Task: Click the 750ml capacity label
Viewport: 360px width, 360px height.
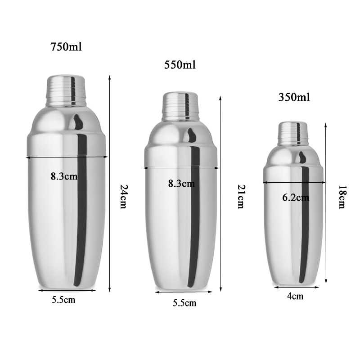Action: (66, 47)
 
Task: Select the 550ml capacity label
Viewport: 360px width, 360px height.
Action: (180, 65)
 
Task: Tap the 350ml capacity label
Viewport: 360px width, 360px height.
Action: (294, 97)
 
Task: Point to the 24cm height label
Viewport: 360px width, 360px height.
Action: (124, 197)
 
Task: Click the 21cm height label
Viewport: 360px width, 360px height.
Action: (241, 197)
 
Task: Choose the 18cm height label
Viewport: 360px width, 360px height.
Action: (342, 197)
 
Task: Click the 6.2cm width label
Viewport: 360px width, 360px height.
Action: (296, 198)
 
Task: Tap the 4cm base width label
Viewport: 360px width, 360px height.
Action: (295, 296)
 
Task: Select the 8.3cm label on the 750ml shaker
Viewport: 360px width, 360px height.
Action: (64, 176)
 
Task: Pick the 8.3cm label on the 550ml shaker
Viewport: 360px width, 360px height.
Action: (181, 184)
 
